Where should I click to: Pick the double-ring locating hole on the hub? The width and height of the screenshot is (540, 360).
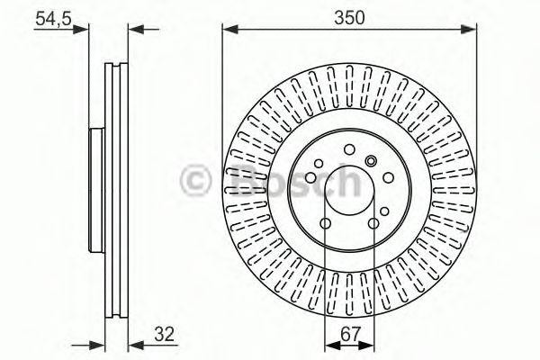tap(371, 161)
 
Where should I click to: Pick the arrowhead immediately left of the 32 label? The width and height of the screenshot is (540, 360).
tap(135, 342)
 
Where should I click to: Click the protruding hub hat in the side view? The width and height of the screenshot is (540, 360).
tap(96, 191)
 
